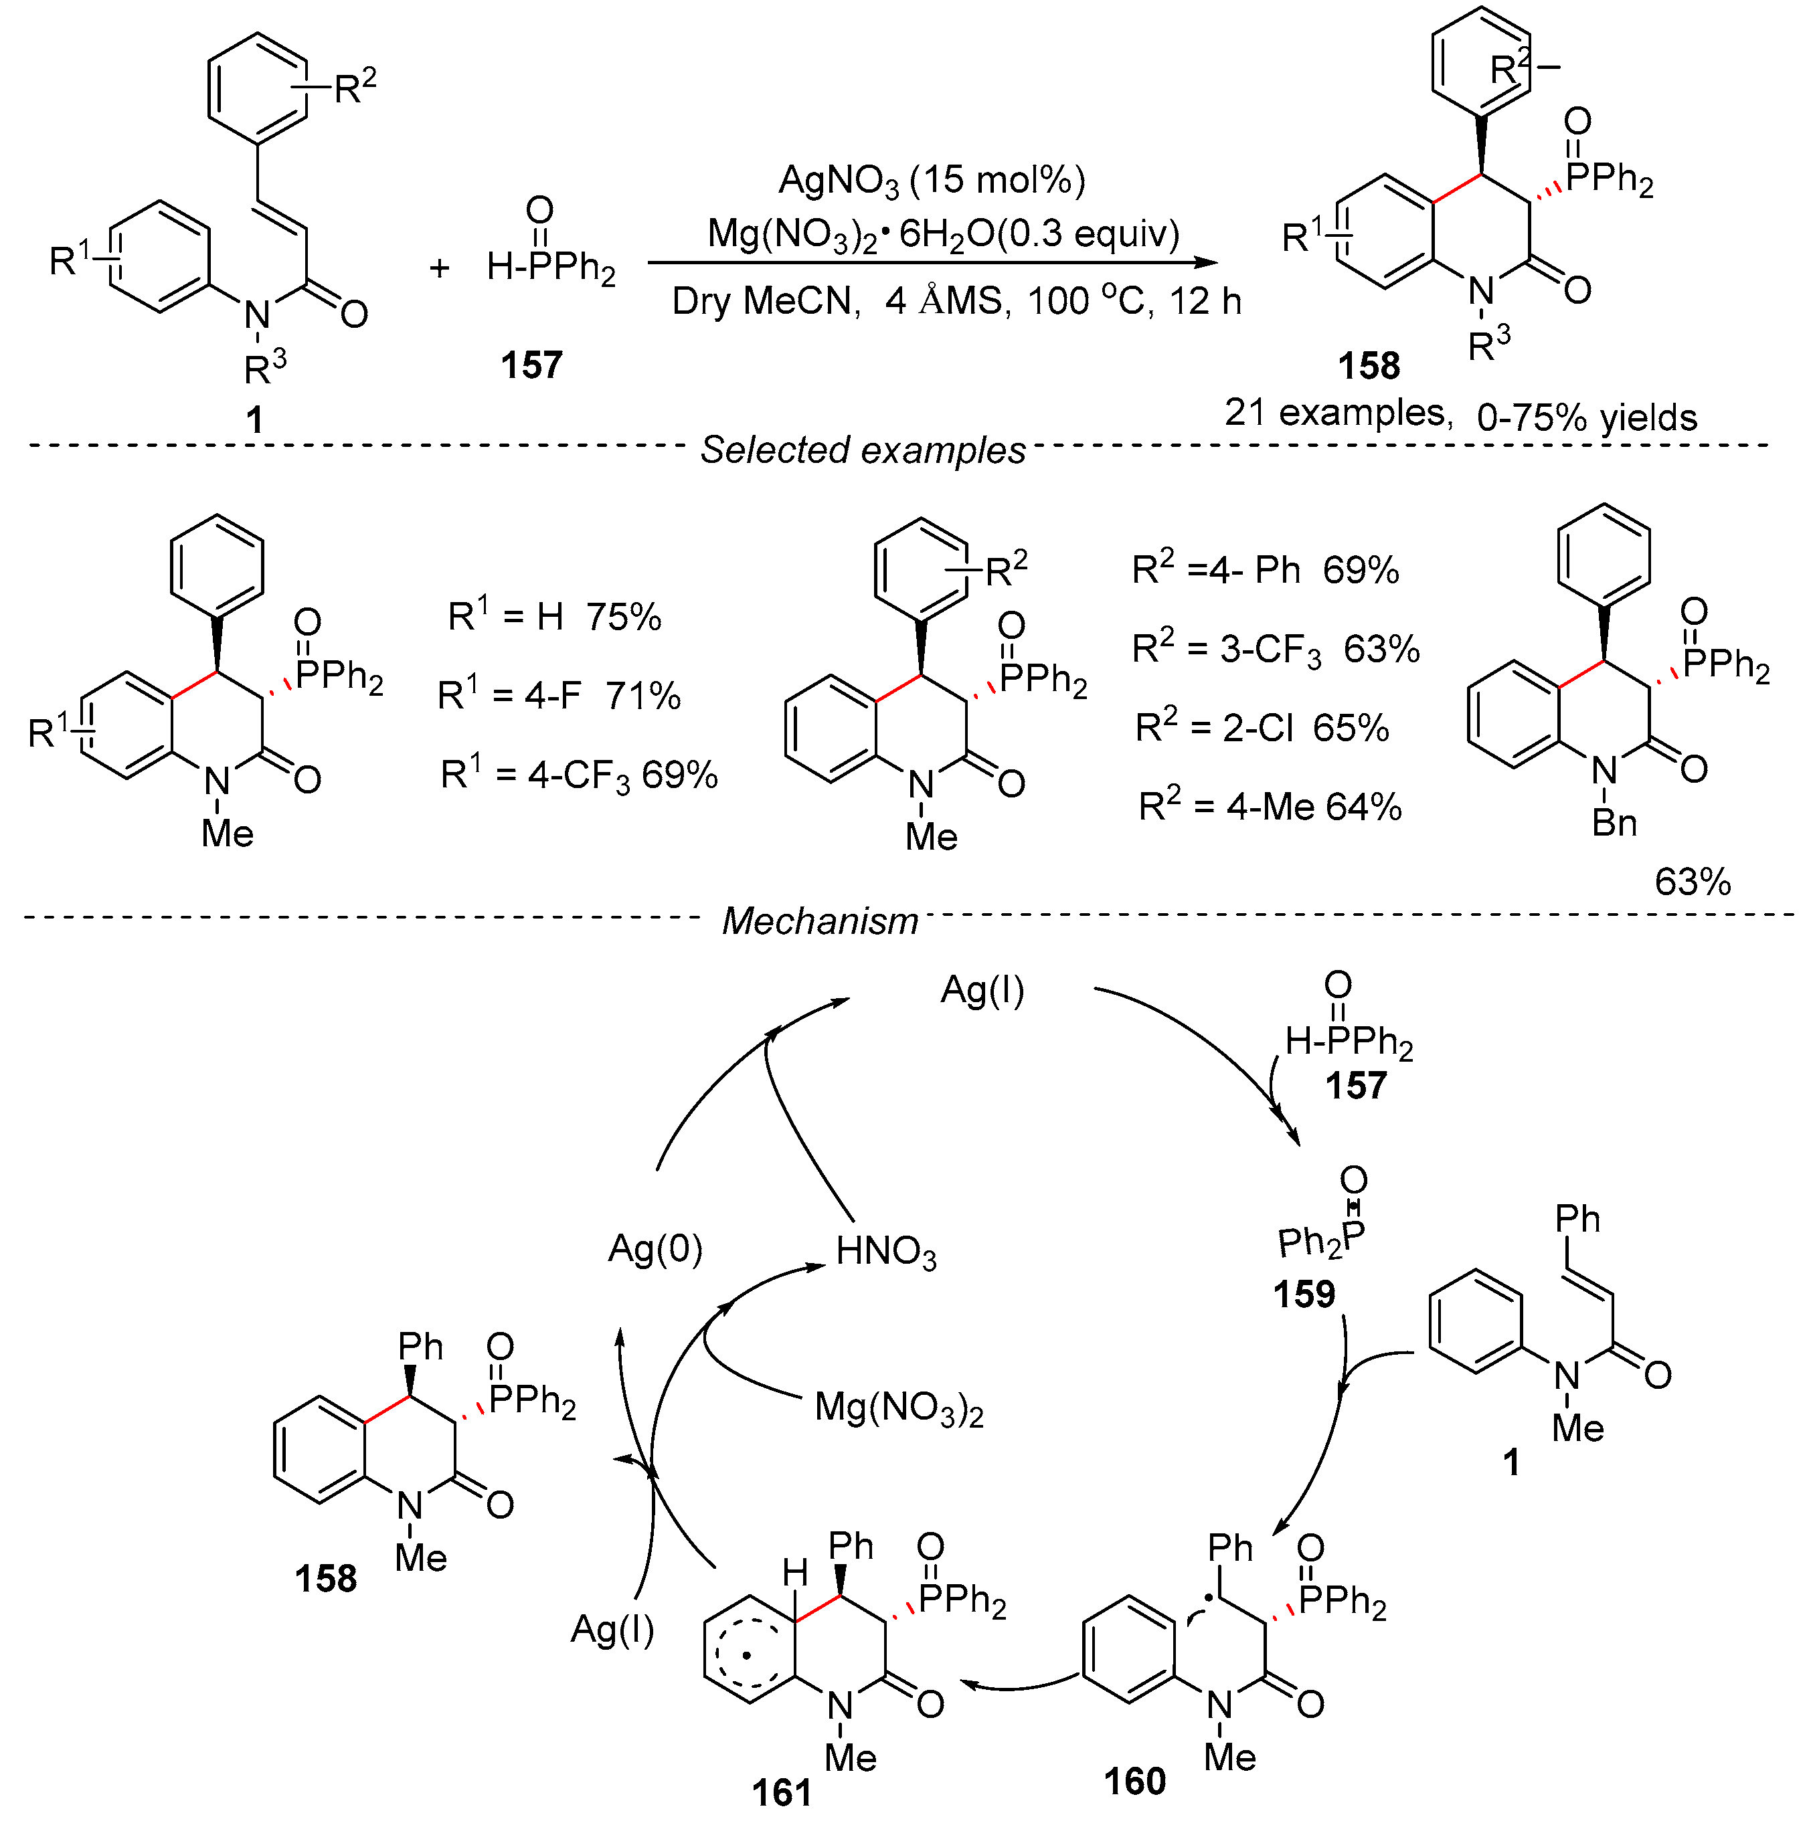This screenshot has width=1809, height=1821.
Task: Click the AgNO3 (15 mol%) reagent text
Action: [x=932, y=180]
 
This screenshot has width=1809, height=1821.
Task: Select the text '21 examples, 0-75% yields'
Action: [x=1460, y=415]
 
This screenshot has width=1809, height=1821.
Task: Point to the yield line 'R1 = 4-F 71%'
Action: [x=558, y=696]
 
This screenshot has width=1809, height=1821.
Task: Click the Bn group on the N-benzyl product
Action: [x=1614, y=823]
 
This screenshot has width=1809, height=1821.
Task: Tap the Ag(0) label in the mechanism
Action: [x=655, y=1249]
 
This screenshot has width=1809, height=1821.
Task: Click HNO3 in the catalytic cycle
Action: [x=886, y=1252]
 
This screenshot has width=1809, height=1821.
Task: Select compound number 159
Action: [x=1304, y=1294]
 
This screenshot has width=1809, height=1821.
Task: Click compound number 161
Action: [x=782, y=1792]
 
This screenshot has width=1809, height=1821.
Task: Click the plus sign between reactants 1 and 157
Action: [x=439, y=269]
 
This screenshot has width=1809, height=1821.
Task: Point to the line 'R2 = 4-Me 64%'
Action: [x=1270, y=807]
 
